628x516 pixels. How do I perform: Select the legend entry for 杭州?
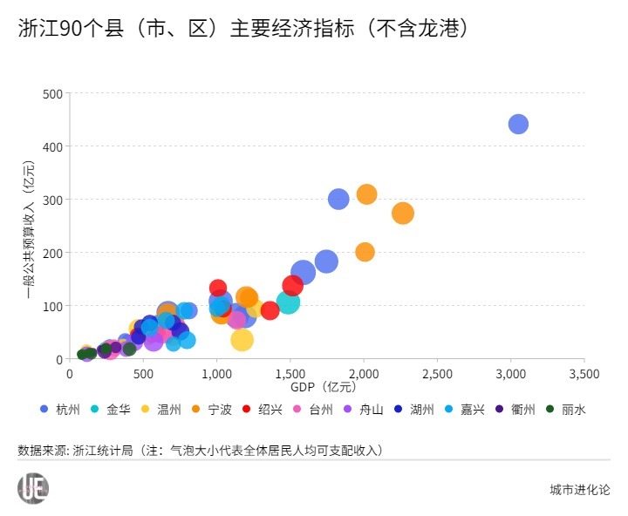tap(61, 409)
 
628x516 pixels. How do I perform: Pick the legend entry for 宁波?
tap(213, 409)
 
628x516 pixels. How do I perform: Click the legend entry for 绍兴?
tap(263, 409)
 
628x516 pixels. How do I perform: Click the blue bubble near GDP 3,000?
tap(518, 125)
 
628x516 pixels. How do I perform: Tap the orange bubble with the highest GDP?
tap(402, 213)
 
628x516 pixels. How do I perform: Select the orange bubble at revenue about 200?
tap(365, 252)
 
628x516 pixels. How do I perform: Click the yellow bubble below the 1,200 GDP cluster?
tap(242, 340)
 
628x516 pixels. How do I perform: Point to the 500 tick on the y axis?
tap(52, 93)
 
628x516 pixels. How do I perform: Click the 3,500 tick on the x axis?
tap(584, 373)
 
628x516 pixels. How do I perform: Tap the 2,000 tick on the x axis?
tap(364, 373)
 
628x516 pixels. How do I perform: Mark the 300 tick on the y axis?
tap(52, 200)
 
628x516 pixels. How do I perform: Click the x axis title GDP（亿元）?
tap(324, 385)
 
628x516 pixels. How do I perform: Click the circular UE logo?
tap(33, 488)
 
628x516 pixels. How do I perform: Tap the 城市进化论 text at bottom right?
tap(580, 490)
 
